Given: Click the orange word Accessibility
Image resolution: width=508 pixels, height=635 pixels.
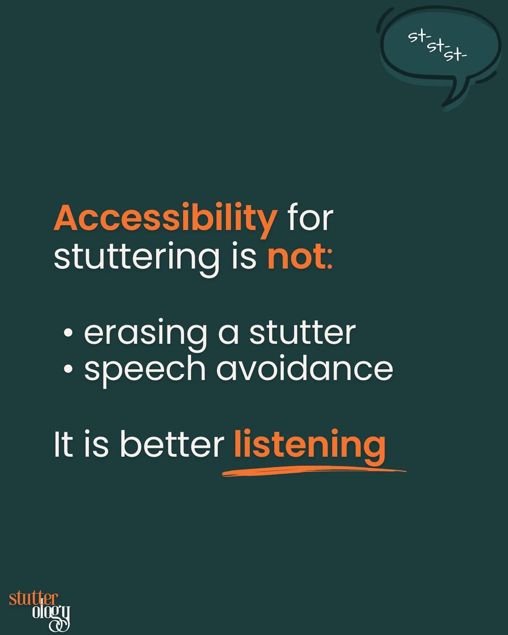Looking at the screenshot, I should point(165,219).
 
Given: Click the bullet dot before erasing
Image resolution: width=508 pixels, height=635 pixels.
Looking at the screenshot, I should point(68,333).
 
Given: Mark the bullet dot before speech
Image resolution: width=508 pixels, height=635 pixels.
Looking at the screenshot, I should point(68,369).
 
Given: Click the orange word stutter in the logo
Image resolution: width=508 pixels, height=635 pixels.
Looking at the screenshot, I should point(33,599).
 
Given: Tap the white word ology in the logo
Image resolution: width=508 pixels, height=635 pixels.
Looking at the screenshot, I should point(51,612).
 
